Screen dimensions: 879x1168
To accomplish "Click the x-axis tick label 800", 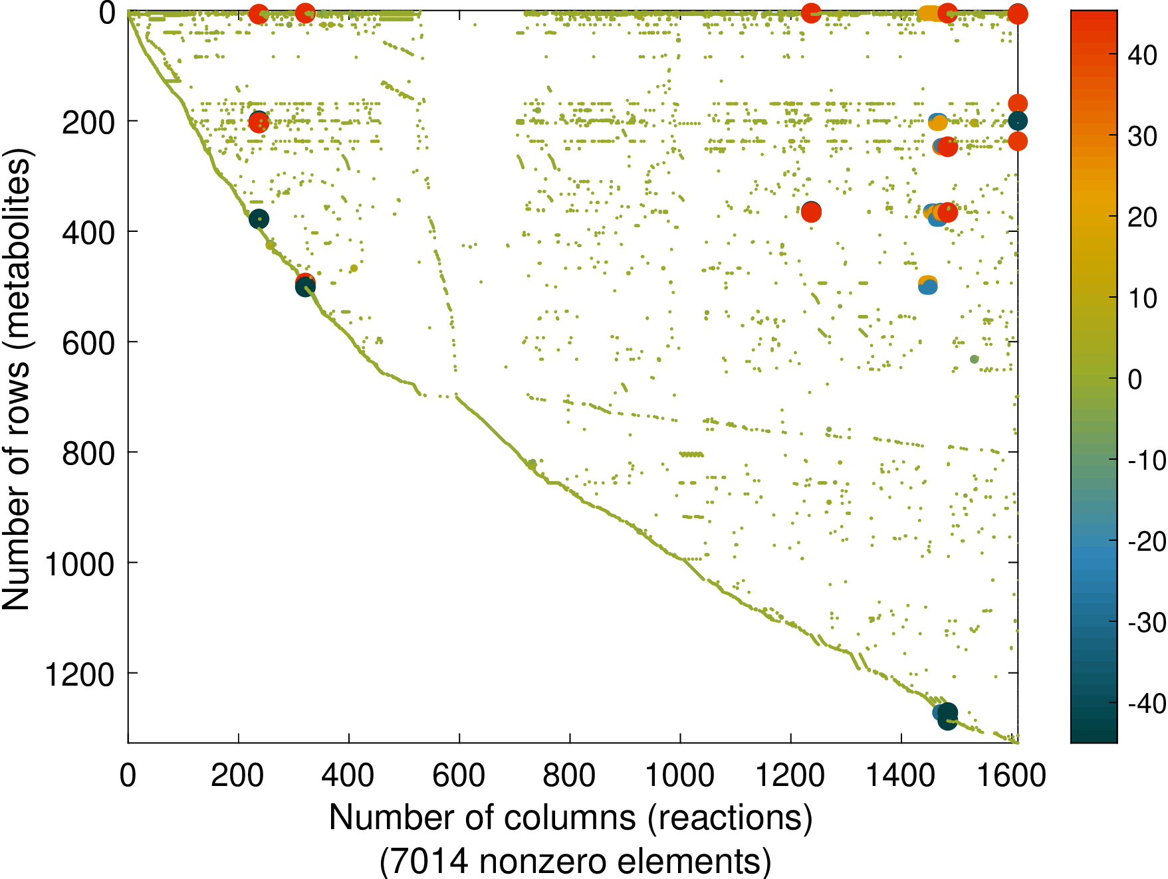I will [569, 775].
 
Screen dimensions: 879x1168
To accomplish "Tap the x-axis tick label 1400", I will [901, 775].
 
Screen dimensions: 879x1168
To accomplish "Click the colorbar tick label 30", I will [1143, 137].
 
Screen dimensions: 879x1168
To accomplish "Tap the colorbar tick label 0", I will [1135, 379].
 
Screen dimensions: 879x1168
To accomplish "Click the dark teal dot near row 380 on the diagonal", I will [259, 219].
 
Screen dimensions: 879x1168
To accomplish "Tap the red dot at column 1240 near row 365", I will [811, 213].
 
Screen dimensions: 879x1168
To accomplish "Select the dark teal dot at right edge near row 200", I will [1017, 121].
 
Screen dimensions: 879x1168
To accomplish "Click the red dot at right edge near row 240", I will [1017, 141].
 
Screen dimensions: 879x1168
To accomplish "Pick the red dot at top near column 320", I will [304, 13].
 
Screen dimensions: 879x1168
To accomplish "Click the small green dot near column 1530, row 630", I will [974, 359].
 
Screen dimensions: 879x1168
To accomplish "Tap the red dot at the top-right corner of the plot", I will [1017, 13].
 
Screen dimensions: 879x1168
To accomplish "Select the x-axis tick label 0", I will [128, 775].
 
